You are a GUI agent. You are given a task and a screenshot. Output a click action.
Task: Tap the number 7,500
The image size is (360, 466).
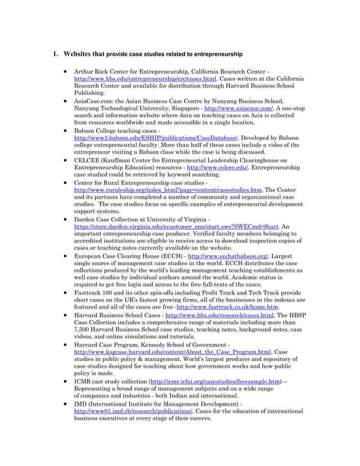[84, 329]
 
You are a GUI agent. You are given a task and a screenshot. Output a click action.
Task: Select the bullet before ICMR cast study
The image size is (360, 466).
[67, 381]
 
